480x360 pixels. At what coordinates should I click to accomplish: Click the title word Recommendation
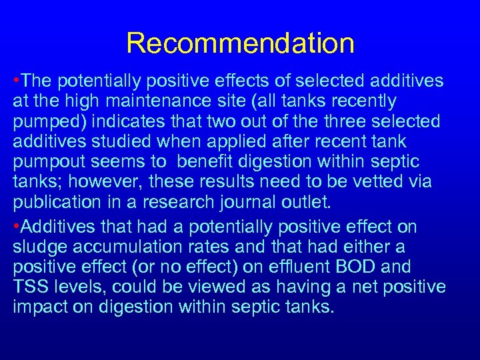coord(240,43)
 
